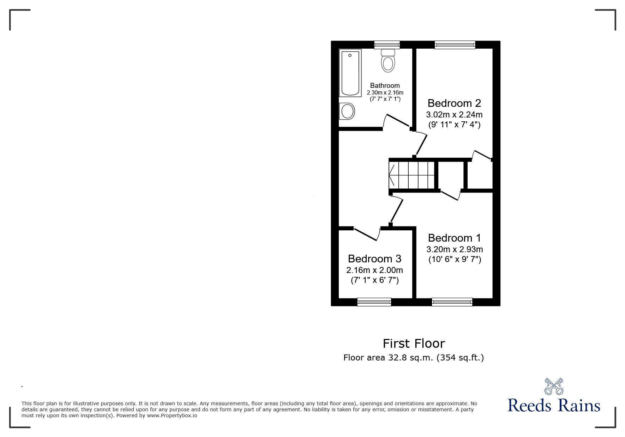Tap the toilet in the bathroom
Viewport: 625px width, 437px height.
tap(388, 60)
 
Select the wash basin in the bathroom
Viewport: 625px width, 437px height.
tap(347, 111)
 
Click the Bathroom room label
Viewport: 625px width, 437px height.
tap(385, 85)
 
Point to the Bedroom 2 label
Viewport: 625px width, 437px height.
tap(454, 103)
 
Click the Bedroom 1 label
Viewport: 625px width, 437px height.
tap(455, 238)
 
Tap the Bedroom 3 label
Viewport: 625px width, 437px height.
tap(374, 259)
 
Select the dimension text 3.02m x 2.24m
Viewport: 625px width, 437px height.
tap(454, 115)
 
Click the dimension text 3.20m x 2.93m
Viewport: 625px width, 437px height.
tap(455, 249)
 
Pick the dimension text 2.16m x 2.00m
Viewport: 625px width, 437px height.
tap(374, 270)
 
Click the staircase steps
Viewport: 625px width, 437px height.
tap(411, 175)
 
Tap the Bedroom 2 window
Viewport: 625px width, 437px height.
tap(455, 45)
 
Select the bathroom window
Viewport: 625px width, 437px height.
tap(387, 45)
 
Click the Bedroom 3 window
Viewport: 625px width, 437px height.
tap(374, 302)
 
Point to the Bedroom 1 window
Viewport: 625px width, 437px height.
tap(452, 302)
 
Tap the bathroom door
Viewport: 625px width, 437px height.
tap(397, 121)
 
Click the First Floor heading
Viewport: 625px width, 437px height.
tap(414, 343)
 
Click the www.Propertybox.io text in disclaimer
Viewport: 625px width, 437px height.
tap(172, 415)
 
